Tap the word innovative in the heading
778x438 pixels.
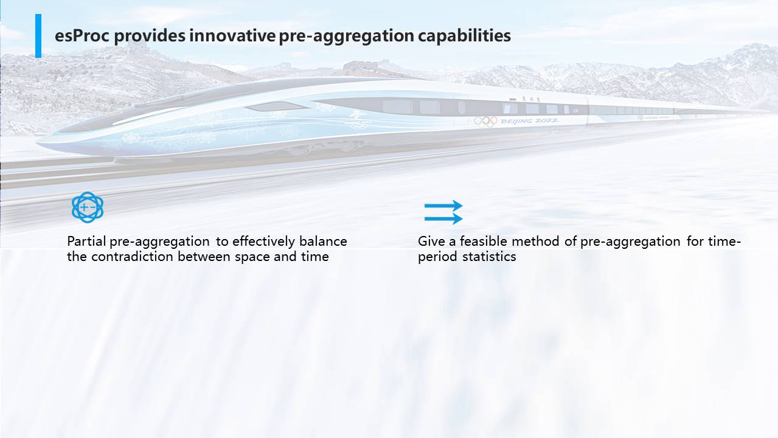[x=232, y=35]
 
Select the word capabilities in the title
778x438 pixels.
[x=464, y=36]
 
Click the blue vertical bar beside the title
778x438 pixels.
[x=38, y=36]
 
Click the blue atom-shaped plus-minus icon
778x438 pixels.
[x=88, y=207]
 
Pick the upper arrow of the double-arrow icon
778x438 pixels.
[x=443, y=206]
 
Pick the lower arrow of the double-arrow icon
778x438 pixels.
[x=443, y=218]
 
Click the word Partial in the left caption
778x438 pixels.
[x=86, y=241]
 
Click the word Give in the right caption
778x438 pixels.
[x=431, y=241]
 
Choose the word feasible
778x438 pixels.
[x=484, y=241]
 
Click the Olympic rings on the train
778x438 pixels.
[x=486, y=121]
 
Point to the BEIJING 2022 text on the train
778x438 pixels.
[x=529, y=120]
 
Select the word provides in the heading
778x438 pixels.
[x=150, y=36]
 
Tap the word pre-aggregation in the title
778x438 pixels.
[x=347, y=36]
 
